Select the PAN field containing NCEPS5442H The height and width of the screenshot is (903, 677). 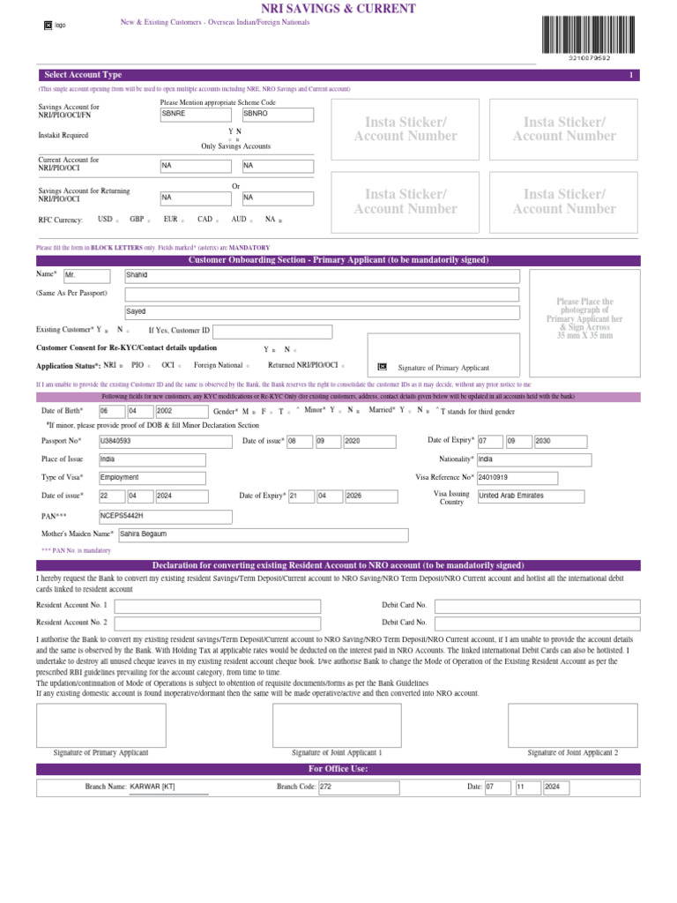coord(165,516)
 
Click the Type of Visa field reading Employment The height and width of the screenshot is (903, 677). coord(152,477)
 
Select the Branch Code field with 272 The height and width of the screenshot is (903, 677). coord(358,787)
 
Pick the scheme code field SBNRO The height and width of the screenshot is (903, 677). coord(277,115)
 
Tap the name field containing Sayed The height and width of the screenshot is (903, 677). coord(322,311)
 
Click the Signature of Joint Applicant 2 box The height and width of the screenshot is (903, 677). coord(572,724)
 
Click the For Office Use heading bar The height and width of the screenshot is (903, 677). coord(338,769)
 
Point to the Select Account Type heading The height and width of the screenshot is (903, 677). coord(83,75)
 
